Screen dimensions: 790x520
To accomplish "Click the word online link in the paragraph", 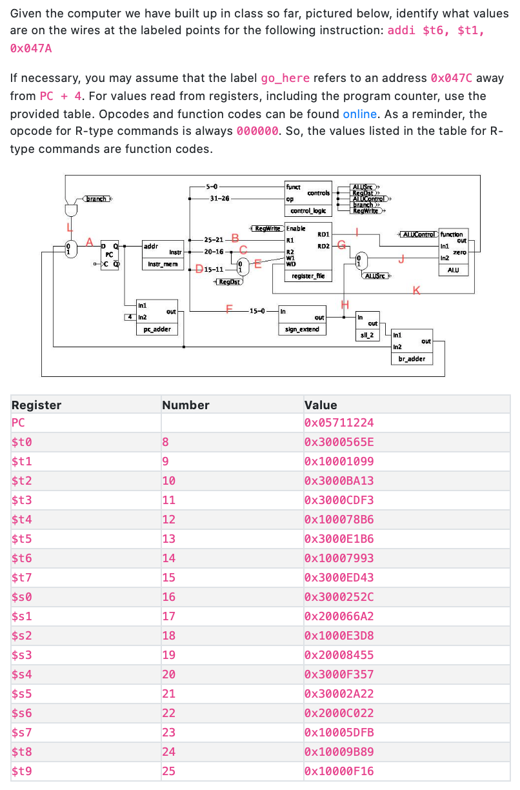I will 359,114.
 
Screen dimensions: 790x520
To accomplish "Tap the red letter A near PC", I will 90,241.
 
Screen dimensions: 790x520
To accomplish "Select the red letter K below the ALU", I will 416,290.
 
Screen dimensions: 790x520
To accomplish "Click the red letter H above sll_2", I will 345,305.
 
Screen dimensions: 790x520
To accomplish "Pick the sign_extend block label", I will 303,330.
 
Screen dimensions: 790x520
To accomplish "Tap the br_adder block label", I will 412,358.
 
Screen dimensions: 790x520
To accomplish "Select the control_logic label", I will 308,211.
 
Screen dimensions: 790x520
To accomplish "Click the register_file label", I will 308,276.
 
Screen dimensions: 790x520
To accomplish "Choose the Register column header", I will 37,405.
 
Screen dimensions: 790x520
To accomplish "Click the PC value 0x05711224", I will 339,423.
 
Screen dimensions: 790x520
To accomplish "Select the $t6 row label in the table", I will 22,558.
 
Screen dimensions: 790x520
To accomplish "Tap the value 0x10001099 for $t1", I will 339,462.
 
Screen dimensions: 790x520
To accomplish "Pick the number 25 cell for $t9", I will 168,771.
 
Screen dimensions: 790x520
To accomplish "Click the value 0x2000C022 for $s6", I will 339,713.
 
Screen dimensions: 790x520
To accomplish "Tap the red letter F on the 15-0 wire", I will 227,307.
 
